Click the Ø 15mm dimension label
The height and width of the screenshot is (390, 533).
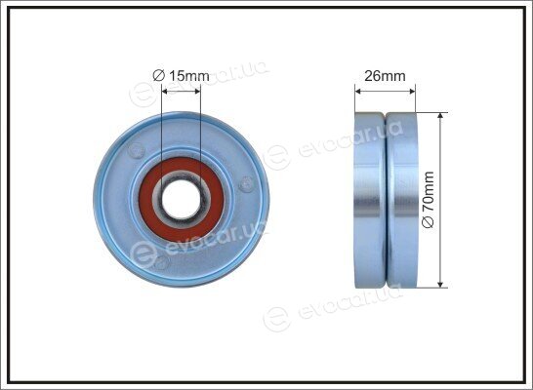[181, 76]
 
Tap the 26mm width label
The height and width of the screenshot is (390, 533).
[385, 76]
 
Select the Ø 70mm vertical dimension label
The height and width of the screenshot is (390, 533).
[428, 200]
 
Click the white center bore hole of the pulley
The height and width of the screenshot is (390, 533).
[182, 199]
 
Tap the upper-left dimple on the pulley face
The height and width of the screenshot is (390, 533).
[137, 150]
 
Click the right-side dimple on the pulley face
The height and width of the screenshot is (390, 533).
[246, 184]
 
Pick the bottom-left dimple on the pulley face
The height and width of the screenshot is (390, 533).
[162, 262]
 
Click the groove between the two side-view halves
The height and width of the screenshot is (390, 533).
[386, 200]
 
